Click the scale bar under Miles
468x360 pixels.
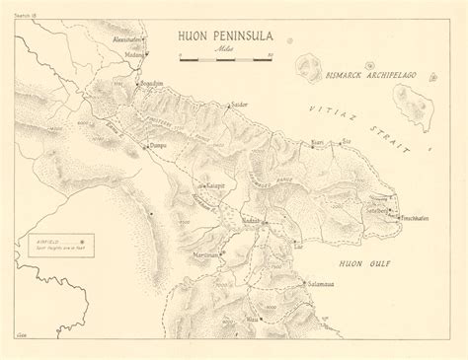tap(219, 61)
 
